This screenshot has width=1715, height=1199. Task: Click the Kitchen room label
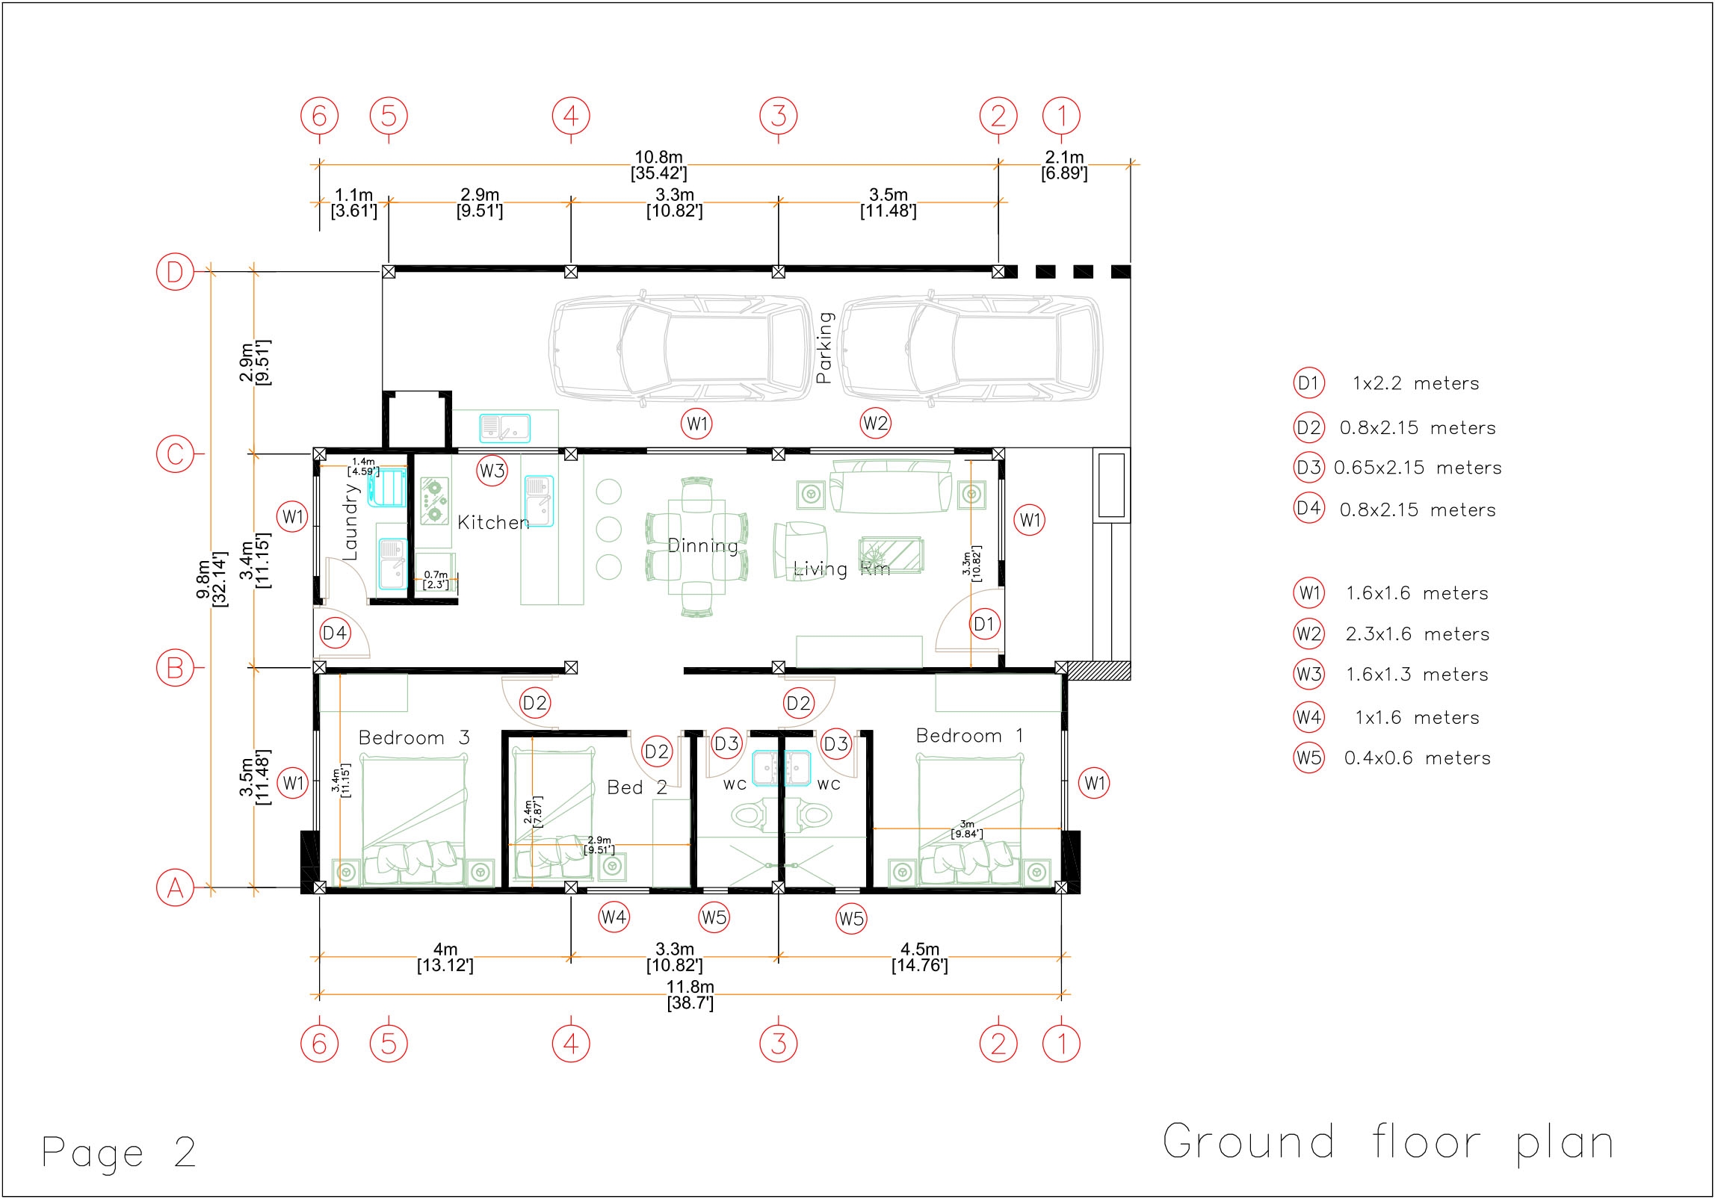tap(493, 522)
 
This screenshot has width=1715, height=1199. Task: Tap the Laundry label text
tap(350, 521)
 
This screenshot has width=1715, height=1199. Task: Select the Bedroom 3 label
tap(414, 738)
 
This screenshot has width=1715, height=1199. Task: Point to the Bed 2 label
tap(637, 787)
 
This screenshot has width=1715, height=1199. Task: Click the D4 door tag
tap(334, 634)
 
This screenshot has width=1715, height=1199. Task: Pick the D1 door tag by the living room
tap(983, 624)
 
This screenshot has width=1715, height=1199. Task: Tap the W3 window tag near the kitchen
tap(492, 471)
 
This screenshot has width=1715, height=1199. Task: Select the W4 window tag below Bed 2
tap(614, 917)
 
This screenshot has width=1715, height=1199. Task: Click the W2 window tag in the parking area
tap(875, 424)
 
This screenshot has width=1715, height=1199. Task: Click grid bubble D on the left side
tap(175, 272)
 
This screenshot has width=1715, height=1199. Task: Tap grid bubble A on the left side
tap(175, 889)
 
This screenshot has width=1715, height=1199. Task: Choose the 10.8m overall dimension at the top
tap(658, 165)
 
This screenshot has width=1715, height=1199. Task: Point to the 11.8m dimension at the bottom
tap(690, 995)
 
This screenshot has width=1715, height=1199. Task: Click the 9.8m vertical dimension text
tap(211, 579)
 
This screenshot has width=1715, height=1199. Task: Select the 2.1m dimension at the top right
tap(1064, 165)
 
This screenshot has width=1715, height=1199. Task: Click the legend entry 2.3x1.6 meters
tap(1417, 634)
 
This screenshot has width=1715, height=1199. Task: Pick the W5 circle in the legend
tap(1308, 758)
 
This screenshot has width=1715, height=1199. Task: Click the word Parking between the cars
tap(823, 347)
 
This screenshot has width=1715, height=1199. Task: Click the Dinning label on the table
tap(702, 546)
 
